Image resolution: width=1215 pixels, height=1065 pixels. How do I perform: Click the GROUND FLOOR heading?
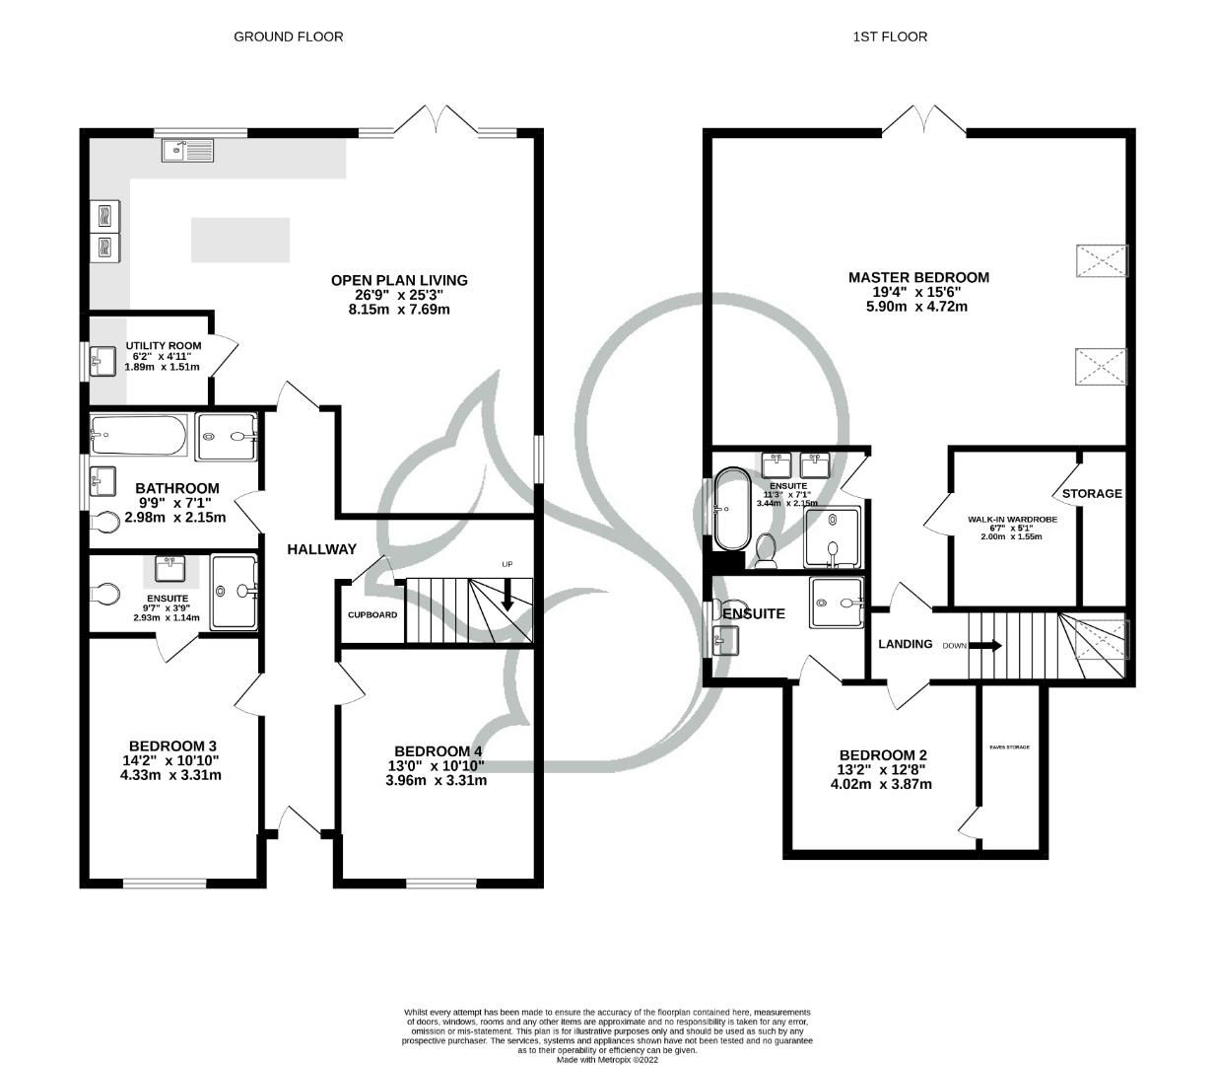(x=288, y=36)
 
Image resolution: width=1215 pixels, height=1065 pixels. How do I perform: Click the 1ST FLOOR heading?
(x=890, y=36)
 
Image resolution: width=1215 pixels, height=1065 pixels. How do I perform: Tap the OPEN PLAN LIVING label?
(x=399, y=280)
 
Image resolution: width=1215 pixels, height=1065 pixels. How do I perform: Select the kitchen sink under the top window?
(x=187, y=150)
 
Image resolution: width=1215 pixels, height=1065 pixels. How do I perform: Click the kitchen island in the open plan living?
(x=240, y=240)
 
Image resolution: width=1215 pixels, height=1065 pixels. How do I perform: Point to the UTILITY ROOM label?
(x=163, y=345)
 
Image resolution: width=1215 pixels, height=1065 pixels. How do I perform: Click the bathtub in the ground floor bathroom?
(x=138, y=435)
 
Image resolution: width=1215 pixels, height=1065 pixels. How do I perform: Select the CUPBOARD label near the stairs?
(x=372, y=615)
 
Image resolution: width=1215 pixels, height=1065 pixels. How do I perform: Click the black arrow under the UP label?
(x=507, y=595)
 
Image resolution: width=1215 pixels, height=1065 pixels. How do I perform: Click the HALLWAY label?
(x=321, y=549)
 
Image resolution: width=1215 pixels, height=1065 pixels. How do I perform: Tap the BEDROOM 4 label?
(x=438, y=750)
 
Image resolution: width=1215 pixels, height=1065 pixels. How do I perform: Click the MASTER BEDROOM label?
(x=918, y=277)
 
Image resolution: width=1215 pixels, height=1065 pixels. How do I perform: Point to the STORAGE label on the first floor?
(x=1092, y=493)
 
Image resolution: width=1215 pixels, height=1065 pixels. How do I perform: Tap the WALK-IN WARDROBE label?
(x=1011, y=519)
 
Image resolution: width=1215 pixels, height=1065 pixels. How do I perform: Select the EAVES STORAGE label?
(x=1009, y=747)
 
